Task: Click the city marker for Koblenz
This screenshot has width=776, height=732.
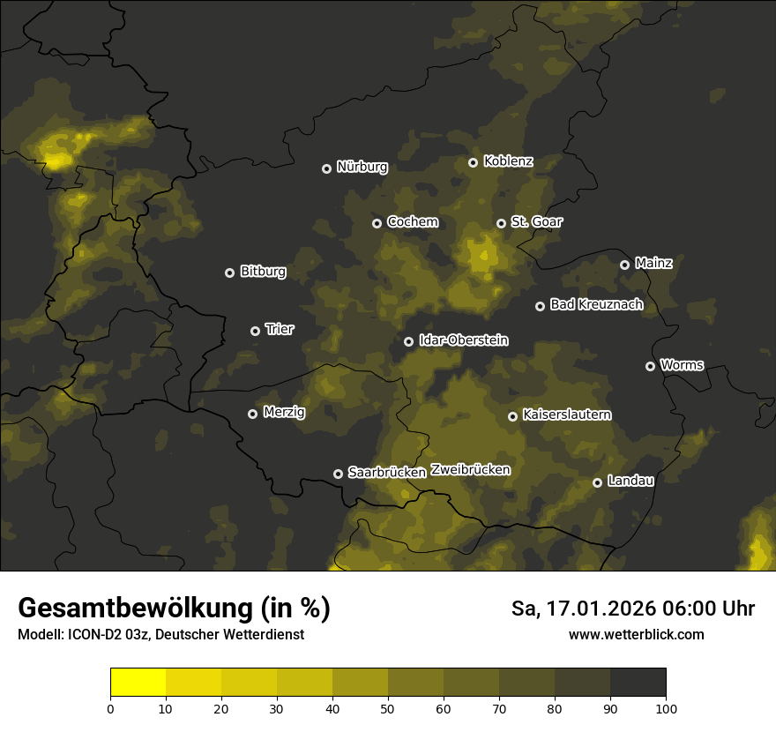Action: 473,162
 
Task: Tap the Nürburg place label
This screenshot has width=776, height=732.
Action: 362,167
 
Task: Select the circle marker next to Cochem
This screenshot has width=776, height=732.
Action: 377,223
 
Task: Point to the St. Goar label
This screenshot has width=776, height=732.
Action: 536,222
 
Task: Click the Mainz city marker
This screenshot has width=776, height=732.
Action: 624,265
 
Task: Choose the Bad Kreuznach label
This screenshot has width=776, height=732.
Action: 596,305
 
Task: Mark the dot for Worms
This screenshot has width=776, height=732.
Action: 650,366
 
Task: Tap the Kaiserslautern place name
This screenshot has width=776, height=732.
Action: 566,415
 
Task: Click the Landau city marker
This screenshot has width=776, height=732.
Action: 597,482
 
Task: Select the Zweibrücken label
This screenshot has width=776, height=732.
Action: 470,470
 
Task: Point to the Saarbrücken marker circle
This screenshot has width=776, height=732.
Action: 338,474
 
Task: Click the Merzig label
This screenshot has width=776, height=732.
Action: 284,412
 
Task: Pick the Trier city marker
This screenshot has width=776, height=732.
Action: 255,331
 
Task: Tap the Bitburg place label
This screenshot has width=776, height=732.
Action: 263,272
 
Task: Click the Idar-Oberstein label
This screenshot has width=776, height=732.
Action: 463,340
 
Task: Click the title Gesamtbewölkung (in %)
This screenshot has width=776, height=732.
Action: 174,609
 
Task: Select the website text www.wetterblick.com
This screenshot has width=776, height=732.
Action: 636,634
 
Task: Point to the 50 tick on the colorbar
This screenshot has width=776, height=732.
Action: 388,707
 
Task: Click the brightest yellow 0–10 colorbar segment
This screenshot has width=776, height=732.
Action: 138,683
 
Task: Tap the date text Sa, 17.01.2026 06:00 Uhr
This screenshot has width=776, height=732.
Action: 632,609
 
